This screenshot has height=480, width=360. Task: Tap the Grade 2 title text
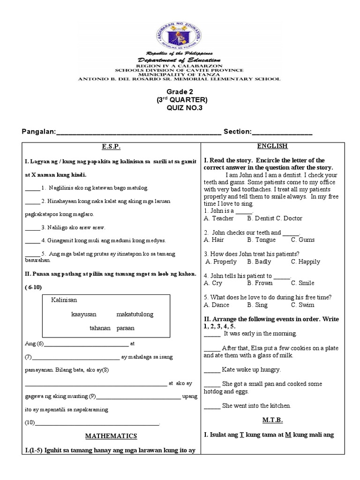(180, 91)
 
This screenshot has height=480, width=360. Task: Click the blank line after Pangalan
(138, 133)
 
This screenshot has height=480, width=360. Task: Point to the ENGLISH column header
(275, 146)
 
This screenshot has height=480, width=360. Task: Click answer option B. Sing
(257, 305)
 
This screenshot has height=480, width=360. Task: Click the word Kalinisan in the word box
(64, 300)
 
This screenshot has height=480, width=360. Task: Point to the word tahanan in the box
(100, 328)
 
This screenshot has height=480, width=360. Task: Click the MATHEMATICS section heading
(111, 436)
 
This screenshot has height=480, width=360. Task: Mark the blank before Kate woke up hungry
(212, 370)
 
